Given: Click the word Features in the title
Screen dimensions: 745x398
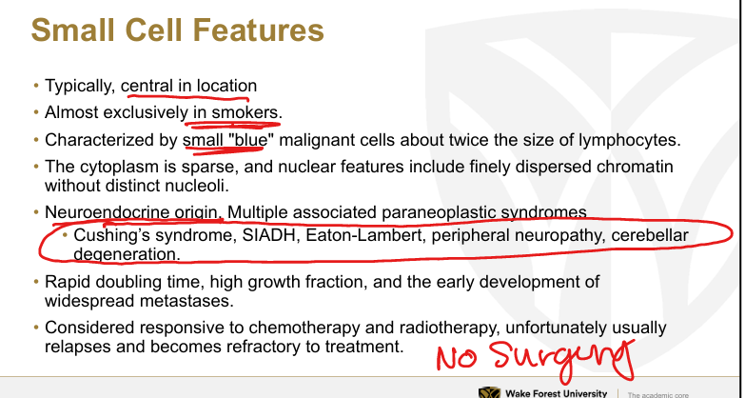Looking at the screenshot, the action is coord(259,30).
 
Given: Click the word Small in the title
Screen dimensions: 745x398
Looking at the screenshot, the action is coord(66,30).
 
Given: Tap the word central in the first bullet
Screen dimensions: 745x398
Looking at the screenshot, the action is coord(147,86).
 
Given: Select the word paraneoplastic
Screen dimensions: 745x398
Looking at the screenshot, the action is coord(439,212).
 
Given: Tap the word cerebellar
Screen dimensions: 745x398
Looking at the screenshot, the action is coord(650,235).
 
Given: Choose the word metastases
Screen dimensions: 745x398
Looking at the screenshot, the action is coord(186,301).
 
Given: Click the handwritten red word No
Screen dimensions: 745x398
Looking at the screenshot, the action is coord(457,358).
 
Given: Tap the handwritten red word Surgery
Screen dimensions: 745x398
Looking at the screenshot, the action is coord(563,359).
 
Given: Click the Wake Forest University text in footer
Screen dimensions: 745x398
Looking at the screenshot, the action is coord(556,394).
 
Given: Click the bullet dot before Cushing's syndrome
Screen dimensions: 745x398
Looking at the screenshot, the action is coord(66,235).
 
